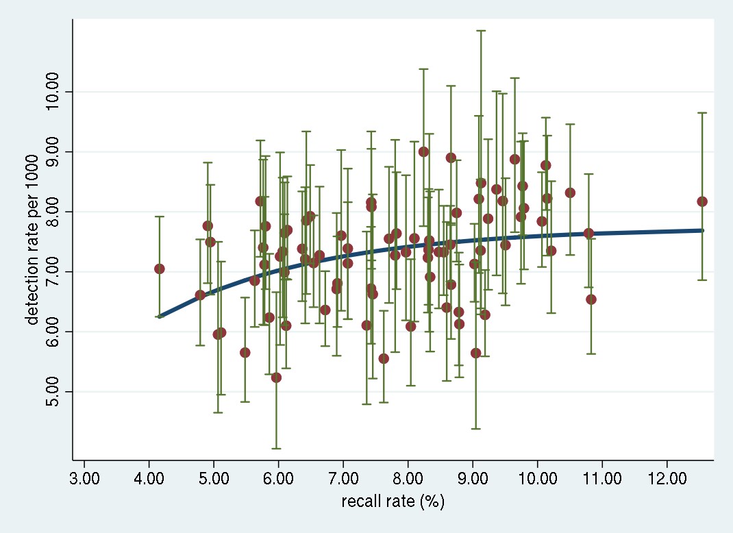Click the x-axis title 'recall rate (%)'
393,501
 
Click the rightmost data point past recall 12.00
702,201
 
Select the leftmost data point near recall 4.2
159,269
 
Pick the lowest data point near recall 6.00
276,377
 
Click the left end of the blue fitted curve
159,317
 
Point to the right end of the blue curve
702,230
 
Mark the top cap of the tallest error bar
481,31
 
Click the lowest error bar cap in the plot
276,448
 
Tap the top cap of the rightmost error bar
702,112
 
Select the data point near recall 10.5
570,193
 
